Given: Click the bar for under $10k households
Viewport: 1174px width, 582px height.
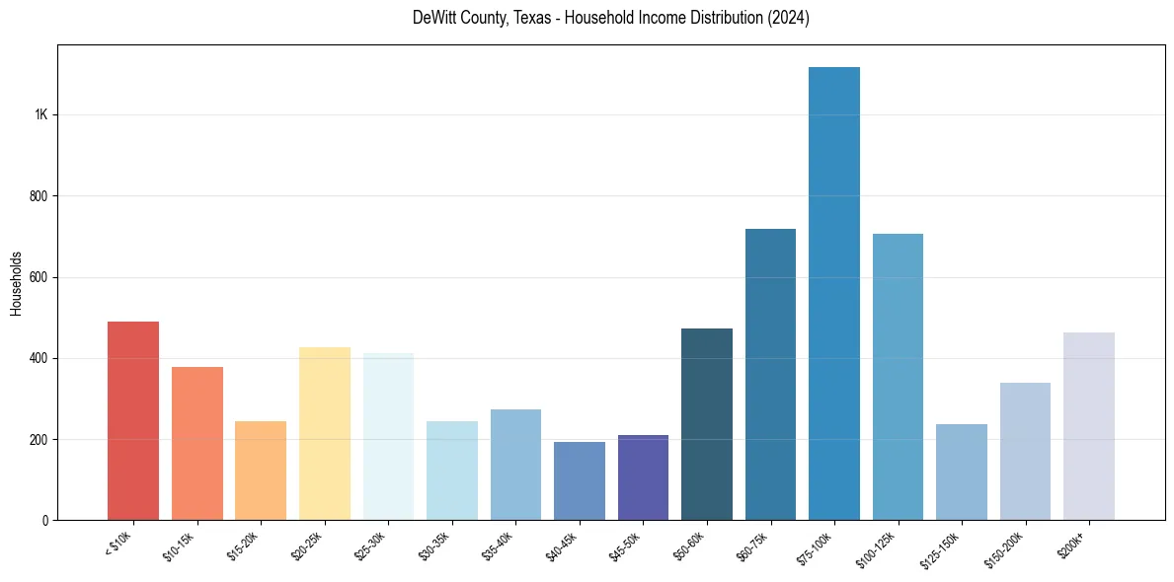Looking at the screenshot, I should pos(133,421).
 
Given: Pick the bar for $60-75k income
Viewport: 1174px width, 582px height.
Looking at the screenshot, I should pos(770,375).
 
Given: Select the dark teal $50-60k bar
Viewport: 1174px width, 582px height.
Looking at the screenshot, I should pos(707,424).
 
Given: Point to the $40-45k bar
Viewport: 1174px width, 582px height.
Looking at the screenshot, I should pos(580,480).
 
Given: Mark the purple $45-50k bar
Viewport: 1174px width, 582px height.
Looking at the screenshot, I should pos(643,477).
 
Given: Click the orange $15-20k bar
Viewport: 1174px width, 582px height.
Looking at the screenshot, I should pos(261,471).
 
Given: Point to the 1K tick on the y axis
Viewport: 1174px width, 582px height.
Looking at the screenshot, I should pos(41,115).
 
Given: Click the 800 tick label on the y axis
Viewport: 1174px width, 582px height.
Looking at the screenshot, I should pos(39,196).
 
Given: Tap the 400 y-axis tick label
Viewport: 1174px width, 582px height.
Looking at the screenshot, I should pos(39,358).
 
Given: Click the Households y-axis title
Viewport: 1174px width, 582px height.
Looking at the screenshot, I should pos(16,283).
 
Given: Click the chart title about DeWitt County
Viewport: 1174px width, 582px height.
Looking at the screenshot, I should pos(610,18).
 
